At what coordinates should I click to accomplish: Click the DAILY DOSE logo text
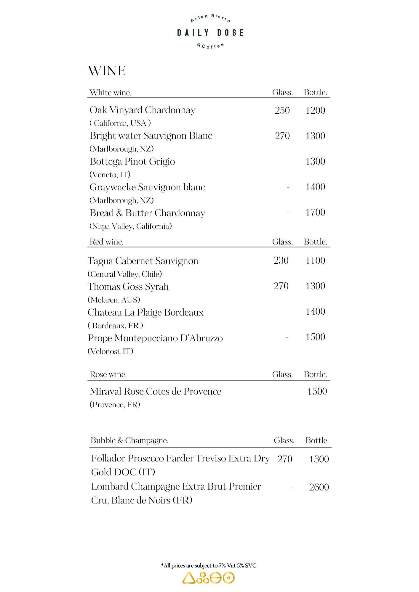[x=210, y=33]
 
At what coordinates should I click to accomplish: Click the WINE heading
[x=107, y=71]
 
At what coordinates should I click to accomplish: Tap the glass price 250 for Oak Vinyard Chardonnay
[x=282, y=110]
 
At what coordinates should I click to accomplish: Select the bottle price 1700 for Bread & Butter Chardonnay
[x=315, y=212]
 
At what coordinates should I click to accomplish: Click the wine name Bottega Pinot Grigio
[x=132, y=162]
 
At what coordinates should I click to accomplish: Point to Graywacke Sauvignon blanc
[x=147, y=187]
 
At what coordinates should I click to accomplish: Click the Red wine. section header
[x=106, y=242]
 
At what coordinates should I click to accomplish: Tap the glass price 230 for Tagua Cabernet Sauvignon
[x=281, y=260]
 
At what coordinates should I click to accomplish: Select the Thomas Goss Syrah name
[x=128, y=287]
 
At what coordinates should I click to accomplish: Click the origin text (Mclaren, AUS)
[x=114, y=300]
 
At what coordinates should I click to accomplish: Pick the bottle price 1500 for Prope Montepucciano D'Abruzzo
[x=315, y=337]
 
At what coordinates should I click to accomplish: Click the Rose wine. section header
[x=108, y=374]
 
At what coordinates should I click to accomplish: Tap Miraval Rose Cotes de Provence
[x=156, y=391]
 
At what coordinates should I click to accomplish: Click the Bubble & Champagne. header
[x=129, y=440]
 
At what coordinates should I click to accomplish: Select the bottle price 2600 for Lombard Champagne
[x=319, y=487]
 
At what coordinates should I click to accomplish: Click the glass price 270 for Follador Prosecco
[x=285, y=459]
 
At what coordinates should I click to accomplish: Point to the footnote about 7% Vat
[x=209, y=566]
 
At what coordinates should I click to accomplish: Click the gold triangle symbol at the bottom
[x=188, y=578]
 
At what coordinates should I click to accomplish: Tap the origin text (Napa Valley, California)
[x=131, y=226]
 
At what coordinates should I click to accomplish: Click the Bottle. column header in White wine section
[x=315, y=92]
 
